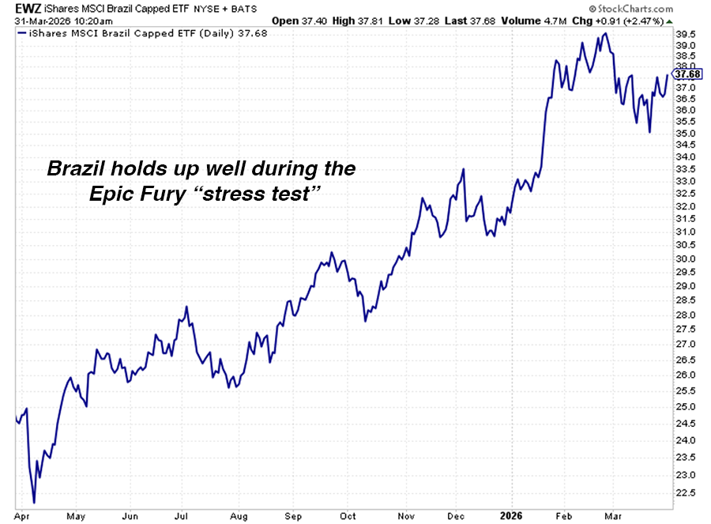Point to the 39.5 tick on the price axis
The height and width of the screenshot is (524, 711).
point(686,34)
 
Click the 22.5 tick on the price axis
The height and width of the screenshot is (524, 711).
point(686,492)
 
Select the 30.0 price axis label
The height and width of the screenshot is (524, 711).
point(686,258)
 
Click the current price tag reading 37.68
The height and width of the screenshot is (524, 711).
point(689,75)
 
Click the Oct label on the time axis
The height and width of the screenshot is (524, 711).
point(348,515)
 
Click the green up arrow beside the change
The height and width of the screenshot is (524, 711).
point(670,20)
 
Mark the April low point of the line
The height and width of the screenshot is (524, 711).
point(34,502)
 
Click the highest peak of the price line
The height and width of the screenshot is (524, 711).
point(606,34)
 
